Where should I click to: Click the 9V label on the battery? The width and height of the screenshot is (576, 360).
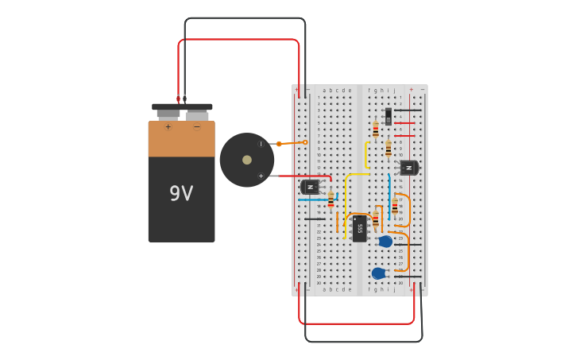tap(180, 193)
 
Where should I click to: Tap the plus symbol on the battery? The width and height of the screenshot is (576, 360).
tap(168, 127)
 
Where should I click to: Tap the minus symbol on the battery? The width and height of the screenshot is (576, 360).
tap(197, 127)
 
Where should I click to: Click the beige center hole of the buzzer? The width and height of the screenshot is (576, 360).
tap(247, 160)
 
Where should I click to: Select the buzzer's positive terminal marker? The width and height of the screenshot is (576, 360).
tap(261, 176)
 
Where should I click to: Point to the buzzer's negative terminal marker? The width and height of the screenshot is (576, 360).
tap(261, 144)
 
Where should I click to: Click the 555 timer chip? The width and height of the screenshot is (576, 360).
tap(360, 228)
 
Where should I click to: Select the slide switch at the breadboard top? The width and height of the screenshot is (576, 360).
tap(389, 116)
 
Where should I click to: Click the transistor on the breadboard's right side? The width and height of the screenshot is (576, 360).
tap(408, 168)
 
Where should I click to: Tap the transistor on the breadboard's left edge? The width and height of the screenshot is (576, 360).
tap(310, 187)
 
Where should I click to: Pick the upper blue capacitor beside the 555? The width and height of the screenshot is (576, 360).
tap(385, 242)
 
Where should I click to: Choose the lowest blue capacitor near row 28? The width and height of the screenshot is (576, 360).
tap(379, 273)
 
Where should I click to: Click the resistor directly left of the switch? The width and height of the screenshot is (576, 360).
tap(376, 130)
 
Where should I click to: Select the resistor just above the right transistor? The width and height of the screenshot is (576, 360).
tap(389, 149)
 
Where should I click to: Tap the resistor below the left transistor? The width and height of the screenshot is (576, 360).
tap(331, 200)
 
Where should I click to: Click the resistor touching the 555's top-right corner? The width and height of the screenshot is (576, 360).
tap(376, 219)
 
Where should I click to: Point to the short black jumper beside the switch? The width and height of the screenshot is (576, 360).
tap(408, 110)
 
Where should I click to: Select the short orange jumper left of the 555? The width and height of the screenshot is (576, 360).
tap(338, 222)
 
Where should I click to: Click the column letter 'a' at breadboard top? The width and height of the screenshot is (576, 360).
tap(324, 91)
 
